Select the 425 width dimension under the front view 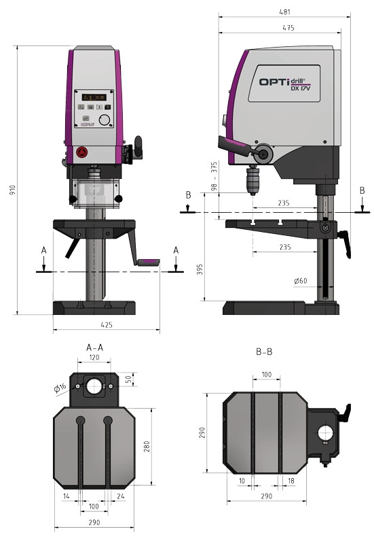[x=107, y=325]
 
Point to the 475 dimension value [x=288, y=28]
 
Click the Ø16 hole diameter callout [x=60, y=388]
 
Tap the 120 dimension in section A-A [x=94, y=357]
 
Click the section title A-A [x=94, y=347]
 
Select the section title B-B [x=265, y=352]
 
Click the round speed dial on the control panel [x=104, y=120]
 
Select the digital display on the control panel [x=88, y=97]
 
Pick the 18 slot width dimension [x=292, y=480]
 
